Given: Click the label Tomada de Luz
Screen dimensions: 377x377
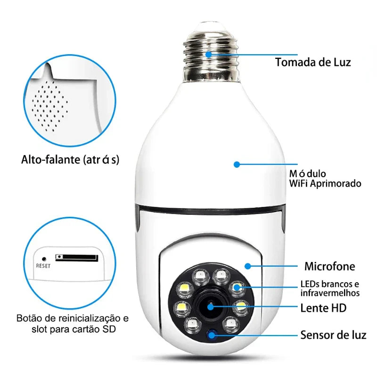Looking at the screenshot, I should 313,62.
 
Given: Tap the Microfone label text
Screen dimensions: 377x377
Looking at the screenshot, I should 329,266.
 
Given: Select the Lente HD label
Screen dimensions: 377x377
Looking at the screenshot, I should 323,308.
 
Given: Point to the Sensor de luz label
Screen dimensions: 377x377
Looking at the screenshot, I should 333,336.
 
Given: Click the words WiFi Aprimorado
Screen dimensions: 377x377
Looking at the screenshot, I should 326,183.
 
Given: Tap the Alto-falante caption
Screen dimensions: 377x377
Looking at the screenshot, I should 70,160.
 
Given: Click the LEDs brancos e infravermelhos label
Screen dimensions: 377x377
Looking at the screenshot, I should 330,289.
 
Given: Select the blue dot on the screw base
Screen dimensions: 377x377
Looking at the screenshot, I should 208,54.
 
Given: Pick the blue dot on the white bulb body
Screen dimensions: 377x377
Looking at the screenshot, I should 237,164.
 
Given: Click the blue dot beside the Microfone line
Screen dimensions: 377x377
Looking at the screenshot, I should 248,266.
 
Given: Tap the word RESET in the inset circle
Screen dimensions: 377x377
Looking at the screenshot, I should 43,265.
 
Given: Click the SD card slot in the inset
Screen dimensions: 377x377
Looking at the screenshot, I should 77,257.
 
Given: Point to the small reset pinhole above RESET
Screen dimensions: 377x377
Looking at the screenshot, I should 43,258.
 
